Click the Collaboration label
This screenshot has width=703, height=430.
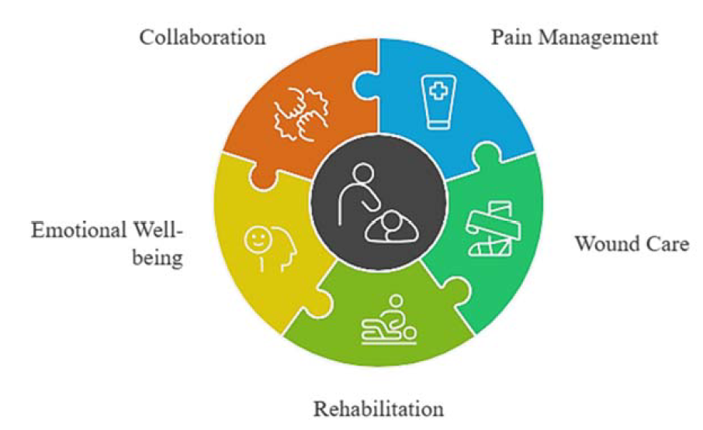pyautogui.click(x=203, y=37)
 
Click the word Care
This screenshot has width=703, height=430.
pyautogui.click(x=667, y=244)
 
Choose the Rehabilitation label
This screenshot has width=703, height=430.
pyautogui.click(x=379, y=409)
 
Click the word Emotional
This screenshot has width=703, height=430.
pyautogui.click(x=79, y=230)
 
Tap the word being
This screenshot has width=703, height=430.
pyautogui.click(x=158, y=258)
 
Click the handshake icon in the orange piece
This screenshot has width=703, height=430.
pyautogui.click(x=302, y=115)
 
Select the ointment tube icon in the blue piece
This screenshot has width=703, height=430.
pyautogui.click(x=438, y=102)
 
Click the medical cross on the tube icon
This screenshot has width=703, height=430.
pyautogui.click(x=438, y=91)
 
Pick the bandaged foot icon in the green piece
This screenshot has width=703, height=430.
pyautogui.click(x=493, y=229)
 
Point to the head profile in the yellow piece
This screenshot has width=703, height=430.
pyautogui.click(x=282, y=249)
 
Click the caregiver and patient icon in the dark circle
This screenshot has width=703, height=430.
pyautogui.click(x=379, y=204)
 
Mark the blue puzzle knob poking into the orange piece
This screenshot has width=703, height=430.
pyautogui.click(x=365, y=85)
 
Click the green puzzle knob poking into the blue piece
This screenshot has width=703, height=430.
pyautogui.click(x=487, y=155)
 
